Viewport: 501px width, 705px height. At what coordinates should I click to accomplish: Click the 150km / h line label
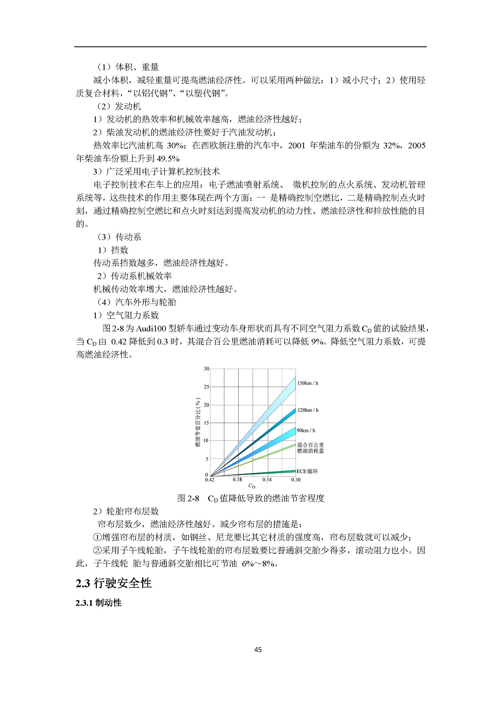(307, 383)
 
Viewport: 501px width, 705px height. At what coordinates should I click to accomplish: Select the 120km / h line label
(307, 410)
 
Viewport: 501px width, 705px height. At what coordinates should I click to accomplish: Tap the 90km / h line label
(306, 430)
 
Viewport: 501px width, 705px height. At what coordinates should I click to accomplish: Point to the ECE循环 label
(307, 471)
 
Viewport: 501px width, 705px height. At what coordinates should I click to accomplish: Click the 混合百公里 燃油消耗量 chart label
(310, 448)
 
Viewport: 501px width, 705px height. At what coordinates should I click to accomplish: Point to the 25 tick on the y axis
(206, 387)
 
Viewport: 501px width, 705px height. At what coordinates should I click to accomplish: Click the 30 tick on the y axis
(206, 369)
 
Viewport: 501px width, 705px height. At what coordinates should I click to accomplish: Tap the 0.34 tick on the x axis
(267, 480)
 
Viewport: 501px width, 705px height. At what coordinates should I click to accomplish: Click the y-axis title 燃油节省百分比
(198, 422)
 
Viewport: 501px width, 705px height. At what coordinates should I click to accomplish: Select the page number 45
(258, 650)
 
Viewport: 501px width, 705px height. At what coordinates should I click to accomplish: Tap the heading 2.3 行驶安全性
(114, 583)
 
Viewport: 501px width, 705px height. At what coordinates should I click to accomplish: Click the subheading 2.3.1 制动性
(99, 603)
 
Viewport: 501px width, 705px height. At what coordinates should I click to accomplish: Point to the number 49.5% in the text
(168, 159)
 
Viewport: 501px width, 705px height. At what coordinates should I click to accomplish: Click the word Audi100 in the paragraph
(150, 329)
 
